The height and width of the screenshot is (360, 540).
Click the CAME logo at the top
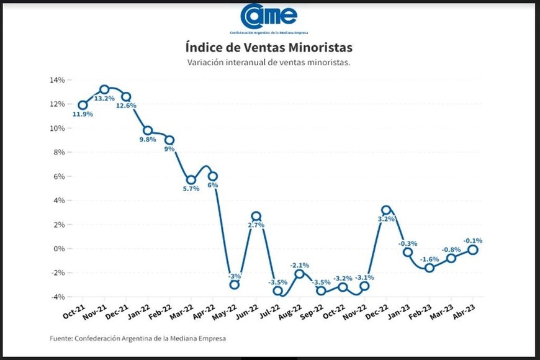pyautogui.click(x=269, y=17)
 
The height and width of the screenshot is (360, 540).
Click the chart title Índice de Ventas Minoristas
pyautogui.click(x=269, y=47)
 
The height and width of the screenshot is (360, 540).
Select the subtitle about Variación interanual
pyautogui.click(x=269, y=62)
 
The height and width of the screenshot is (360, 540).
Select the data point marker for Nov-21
pyautogui.click(x=104, y=89)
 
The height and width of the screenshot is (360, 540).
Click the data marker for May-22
pyautogui.click(x=234, y=285)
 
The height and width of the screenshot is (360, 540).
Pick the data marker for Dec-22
pyautogui.click(x=386, y=210)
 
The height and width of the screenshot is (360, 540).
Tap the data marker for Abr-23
pyautogui.click(x=472, y=250)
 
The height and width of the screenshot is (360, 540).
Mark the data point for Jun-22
pyautogui.click(x=256, y=216)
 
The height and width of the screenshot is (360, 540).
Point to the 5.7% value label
pyautogui.click(x=191, y=189)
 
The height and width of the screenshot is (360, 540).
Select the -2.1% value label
pyautogui.click(x=299, y=265)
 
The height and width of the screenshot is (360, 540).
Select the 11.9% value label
pyautogui.click(x=82, y=114)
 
